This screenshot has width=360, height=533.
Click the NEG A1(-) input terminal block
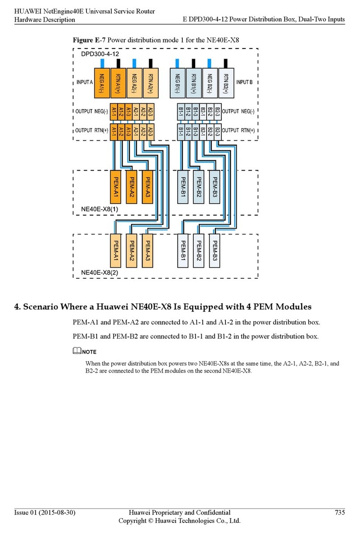(102, 83)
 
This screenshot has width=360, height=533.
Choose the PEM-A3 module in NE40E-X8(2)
(148, 250)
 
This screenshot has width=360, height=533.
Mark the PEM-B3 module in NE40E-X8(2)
(215, 250)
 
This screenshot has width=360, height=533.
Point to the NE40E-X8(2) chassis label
(99, 272)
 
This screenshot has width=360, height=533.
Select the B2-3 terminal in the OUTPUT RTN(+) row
(217, 131)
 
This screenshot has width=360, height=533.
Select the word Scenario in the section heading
(45, 306)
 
